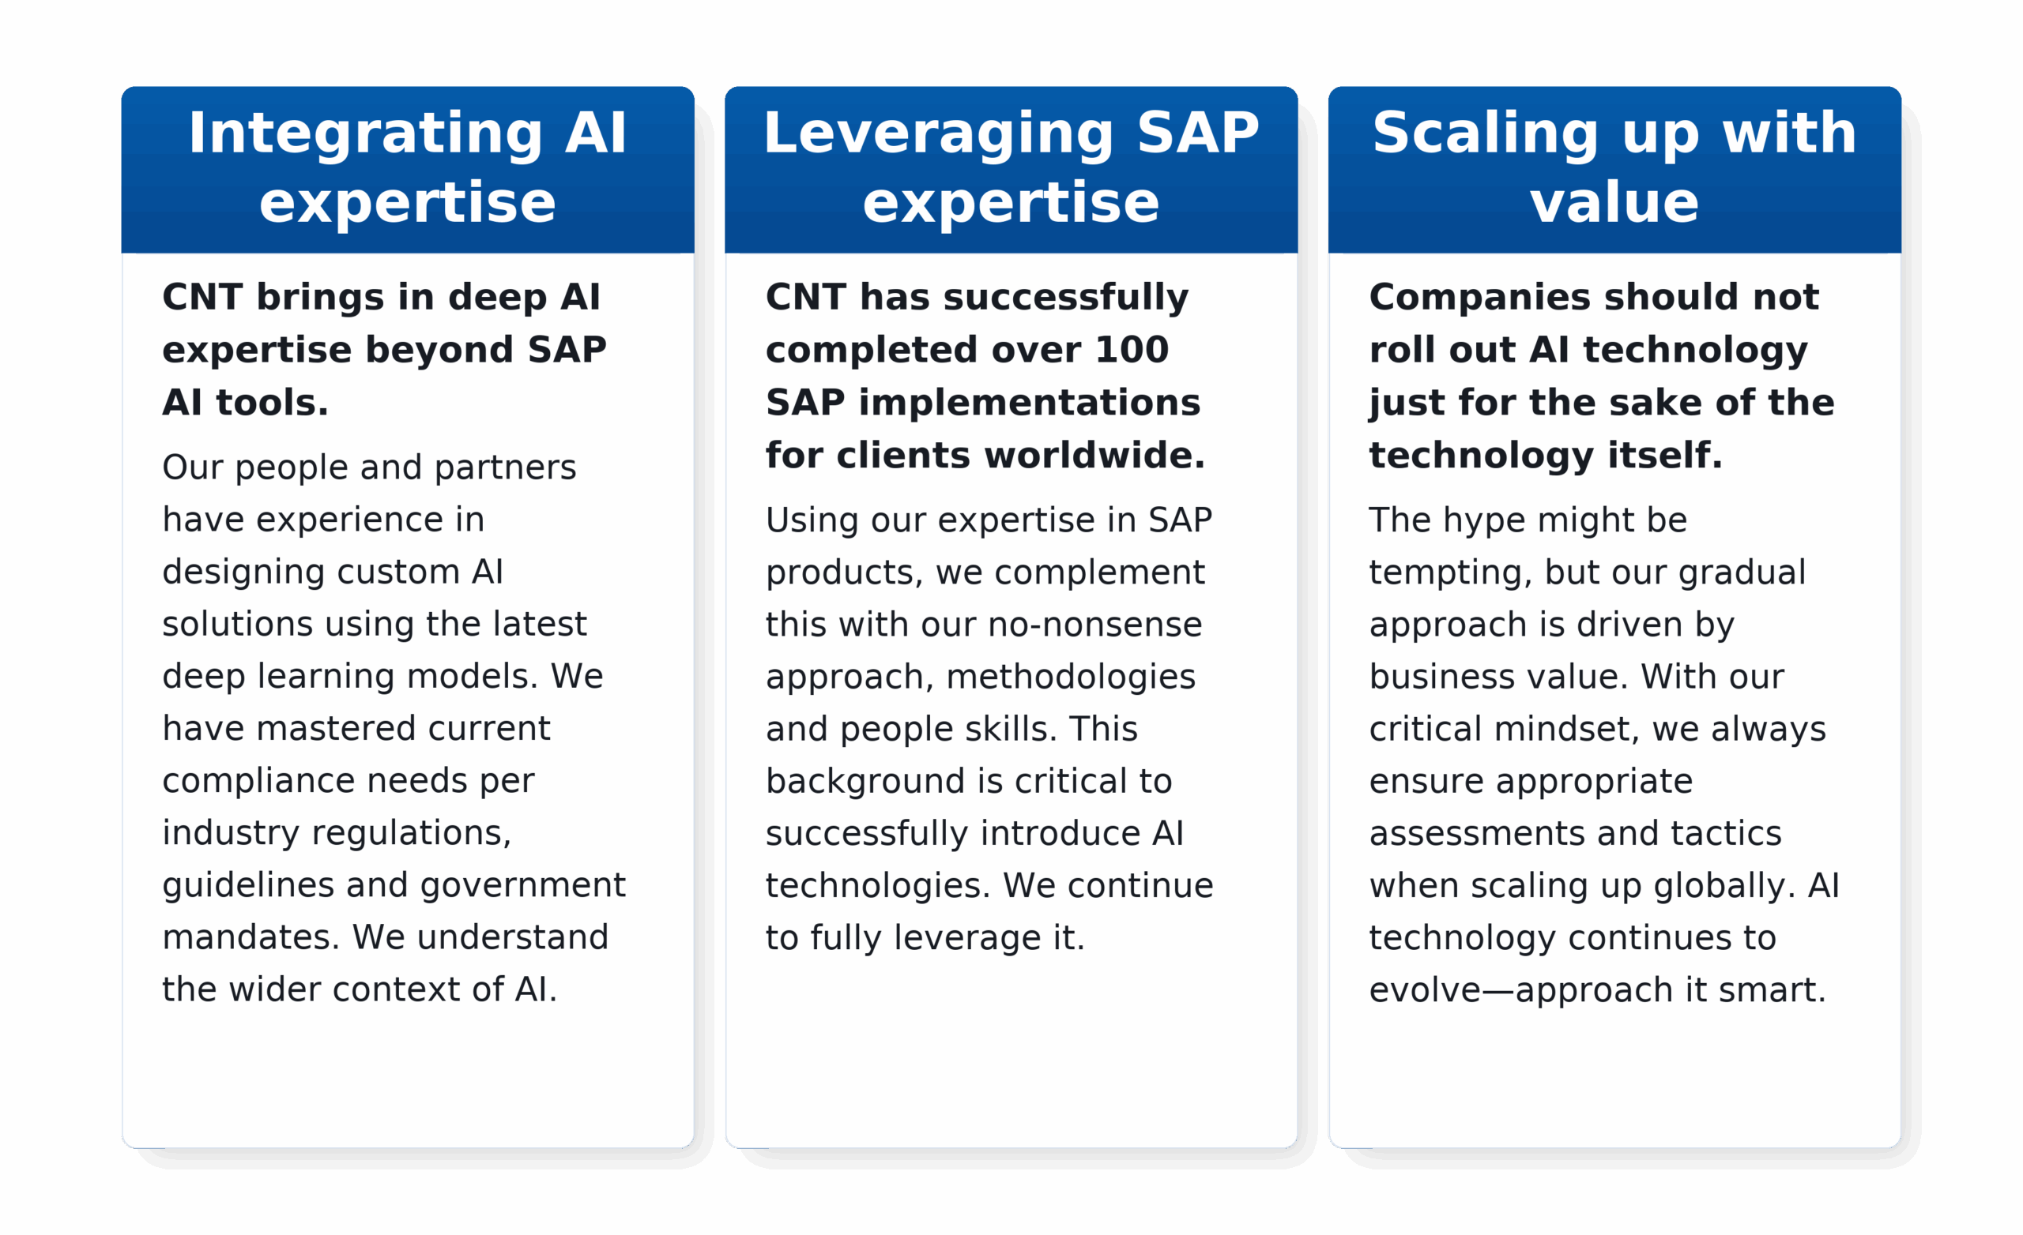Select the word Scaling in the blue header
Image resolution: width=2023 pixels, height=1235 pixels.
tap(1485, 133)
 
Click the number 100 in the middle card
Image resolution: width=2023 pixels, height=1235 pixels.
tap(1132, 351)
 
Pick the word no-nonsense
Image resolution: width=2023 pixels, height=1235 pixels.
tap(1095, 625)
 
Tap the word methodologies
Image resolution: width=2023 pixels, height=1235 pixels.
tap(1071, 678)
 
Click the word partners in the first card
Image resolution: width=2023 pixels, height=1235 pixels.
tap(505, 468)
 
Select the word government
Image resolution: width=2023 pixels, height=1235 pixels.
tap(523, 886)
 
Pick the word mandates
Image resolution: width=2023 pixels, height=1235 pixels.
tap(251, 938)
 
